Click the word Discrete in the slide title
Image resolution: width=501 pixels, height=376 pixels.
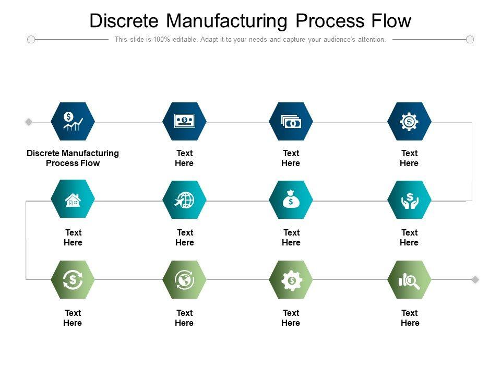tap(124, 21)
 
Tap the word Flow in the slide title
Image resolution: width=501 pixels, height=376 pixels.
tap(391, 21)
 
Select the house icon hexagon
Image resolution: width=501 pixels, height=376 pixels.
tap(73, 199)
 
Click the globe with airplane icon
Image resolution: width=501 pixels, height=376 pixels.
tap(184, 200)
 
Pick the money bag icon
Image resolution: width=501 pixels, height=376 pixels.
tap(291, 199)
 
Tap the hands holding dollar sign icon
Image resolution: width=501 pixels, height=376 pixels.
tap(410, 201)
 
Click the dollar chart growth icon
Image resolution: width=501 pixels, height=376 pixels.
tap(73, 121)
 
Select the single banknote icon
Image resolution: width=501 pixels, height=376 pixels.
tap(184, 121)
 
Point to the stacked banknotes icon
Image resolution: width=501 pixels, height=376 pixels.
tap(291, 122)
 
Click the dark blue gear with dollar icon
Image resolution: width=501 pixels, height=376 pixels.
tap(409, 122)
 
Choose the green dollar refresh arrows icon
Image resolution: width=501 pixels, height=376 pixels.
tap(73, 280)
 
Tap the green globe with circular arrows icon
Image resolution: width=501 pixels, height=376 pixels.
tap(184, 280)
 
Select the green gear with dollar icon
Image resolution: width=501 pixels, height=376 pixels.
tap(291, 280)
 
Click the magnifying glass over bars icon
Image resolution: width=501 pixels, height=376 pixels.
tap(409, 281)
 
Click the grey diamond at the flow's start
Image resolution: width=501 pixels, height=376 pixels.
tap(29, 122)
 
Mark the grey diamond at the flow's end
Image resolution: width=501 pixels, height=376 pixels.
tap(475, 279)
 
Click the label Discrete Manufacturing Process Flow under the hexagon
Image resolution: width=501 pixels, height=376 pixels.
tap(73, 158)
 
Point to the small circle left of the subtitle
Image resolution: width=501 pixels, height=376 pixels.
tap(31, 39)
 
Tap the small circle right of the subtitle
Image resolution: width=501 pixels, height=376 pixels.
tap(470, 39)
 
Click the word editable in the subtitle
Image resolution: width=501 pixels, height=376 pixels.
tap(185, 39)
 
